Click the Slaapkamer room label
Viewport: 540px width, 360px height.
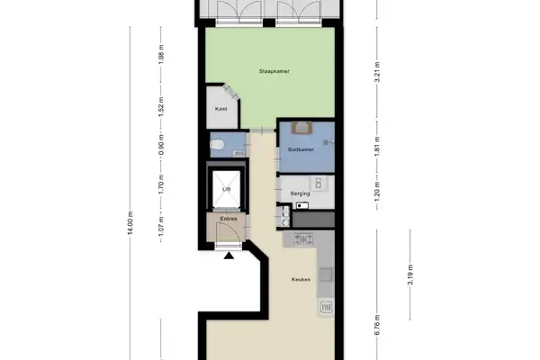(x=273, y=72)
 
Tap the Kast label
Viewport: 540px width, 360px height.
(x=220, y=109)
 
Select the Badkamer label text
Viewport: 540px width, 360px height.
(x=300, y=149)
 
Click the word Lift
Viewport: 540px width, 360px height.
(x=227, y=189)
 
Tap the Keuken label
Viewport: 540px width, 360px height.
(x=301, y=280)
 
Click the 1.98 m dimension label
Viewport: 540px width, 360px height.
(x=160, y=55)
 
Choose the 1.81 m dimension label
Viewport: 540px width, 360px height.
(x=377, y=145)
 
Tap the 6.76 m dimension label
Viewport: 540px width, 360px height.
(x=377, y=321)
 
